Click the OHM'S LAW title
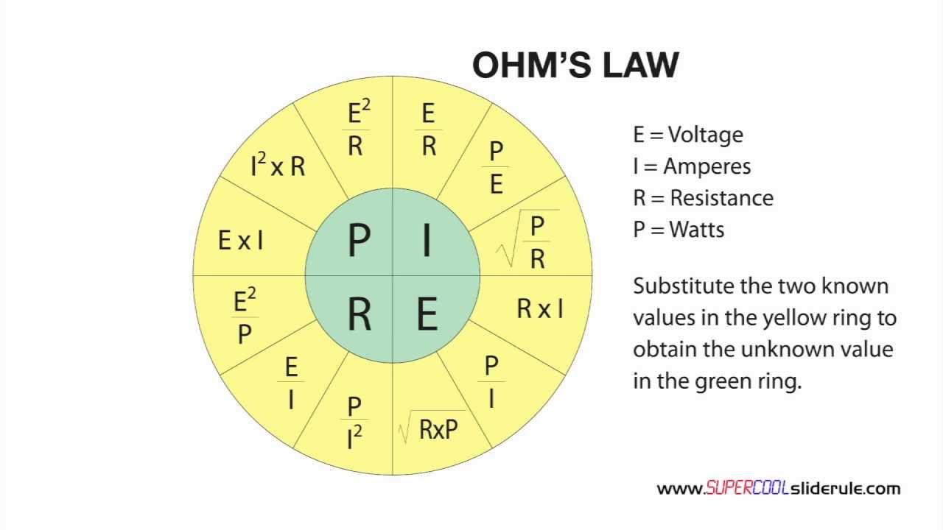(x=575, y=65)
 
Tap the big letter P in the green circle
(x=359, y=239)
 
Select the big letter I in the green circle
(x=427, y=239)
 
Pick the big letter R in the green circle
(x=359, y=314)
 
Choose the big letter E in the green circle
(x=427, y=314)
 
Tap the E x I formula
(x=241, y=240)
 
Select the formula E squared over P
(x=245, y=316)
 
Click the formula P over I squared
(x=354, y=423)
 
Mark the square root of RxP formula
(x=432, y=428)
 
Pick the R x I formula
(x=540, y=308)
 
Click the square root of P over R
(x=528, y=239)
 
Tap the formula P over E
(x=496, y=167)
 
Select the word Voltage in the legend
(x=706, y=135)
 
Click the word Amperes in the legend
(x=707, y=166)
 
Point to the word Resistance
(x=722, y=198)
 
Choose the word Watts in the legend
(x=697, y=230)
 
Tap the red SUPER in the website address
(x=726, y=488)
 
